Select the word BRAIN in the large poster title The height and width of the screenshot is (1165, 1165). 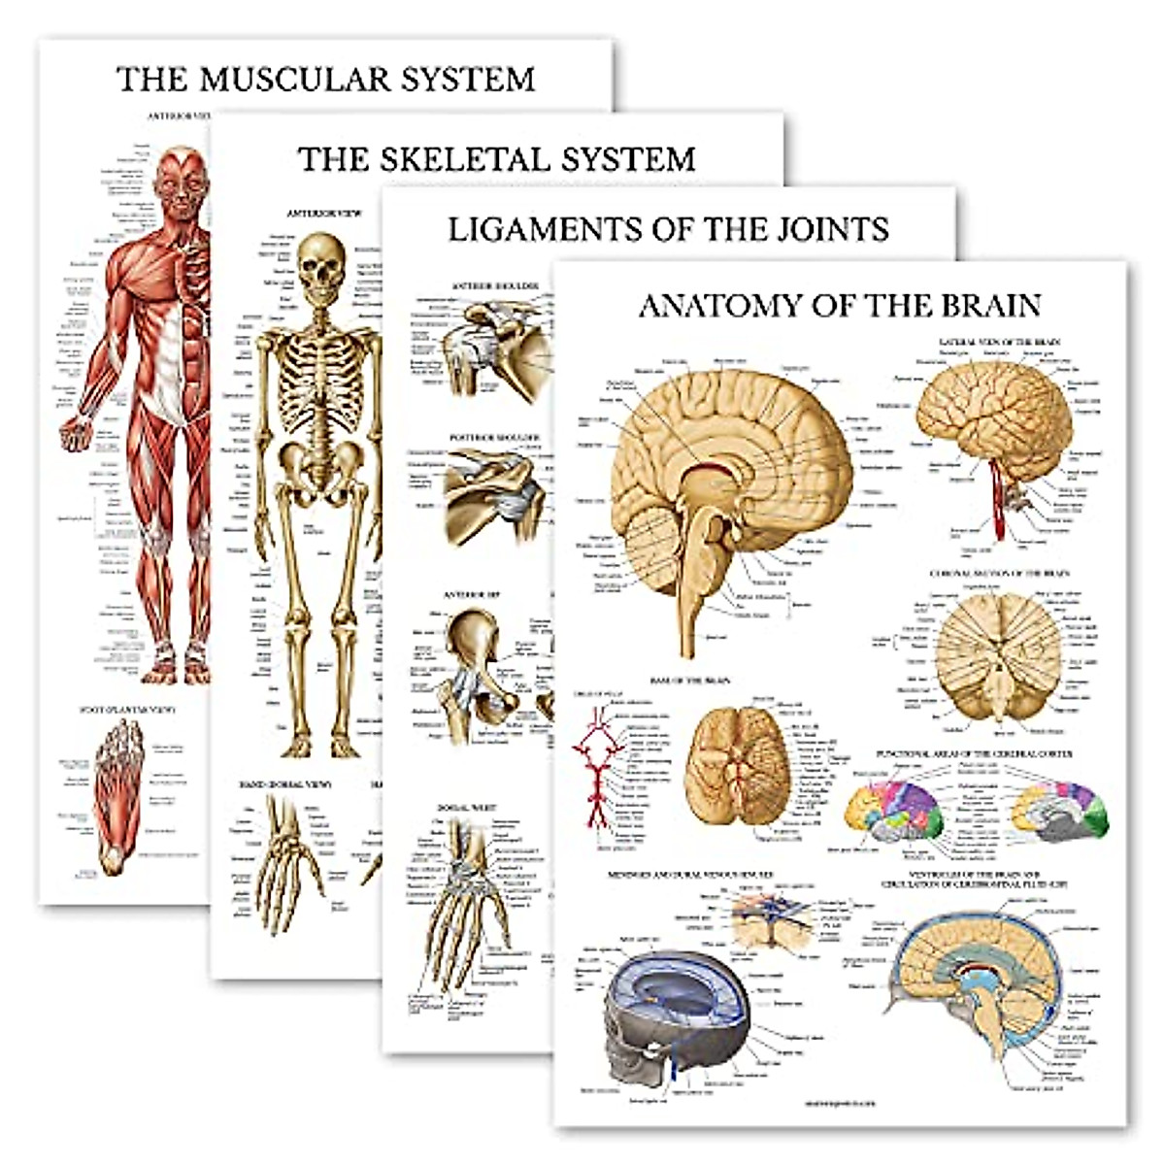coord(980,306)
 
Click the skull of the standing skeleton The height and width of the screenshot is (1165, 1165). coord(321,260)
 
